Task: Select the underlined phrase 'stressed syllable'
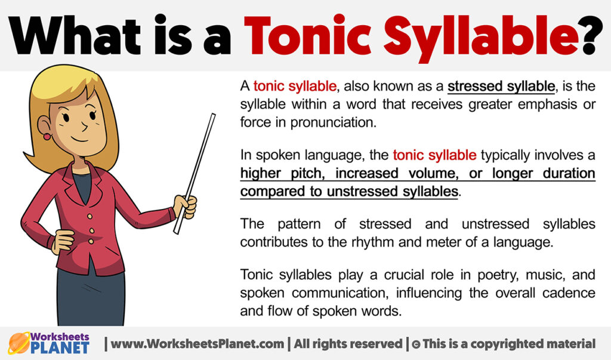501,87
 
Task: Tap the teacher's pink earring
47,137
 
